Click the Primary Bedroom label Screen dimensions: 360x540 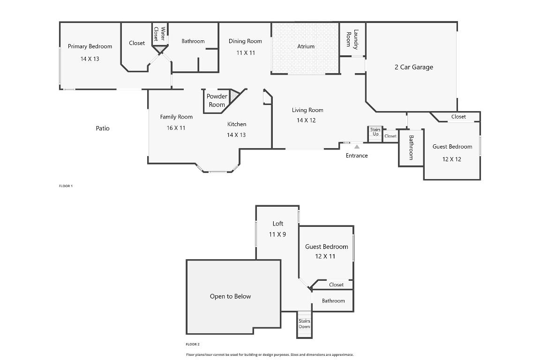pos(90,46)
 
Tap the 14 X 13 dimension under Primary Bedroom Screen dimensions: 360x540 pos(90,59)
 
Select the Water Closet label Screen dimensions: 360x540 pos(159,34)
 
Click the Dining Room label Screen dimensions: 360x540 pos(245,41)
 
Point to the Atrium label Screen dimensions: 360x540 pos(306,46)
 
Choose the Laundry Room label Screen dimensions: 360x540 pos(352,38)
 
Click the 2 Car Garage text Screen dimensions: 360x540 pos(413,67)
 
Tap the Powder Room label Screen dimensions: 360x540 pos(217,100)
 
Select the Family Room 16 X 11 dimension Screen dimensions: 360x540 pos(176,128)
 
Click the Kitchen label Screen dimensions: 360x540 pos(237,124)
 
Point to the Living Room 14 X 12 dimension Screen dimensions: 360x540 pos(306,120)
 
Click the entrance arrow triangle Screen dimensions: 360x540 pos(357,147)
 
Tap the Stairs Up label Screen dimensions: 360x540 pos(375,132)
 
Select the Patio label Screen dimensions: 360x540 pos(103,128)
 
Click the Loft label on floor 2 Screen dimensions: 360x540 pos(278,224)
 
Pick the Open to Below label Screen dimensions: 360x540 pos(230,296)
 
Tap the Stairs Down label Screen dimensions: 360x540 pos(304,324)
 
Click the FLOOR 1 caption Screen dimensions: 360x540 pos(66,186)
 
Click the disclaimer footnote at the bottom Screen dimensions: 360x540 pos(270,355)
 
